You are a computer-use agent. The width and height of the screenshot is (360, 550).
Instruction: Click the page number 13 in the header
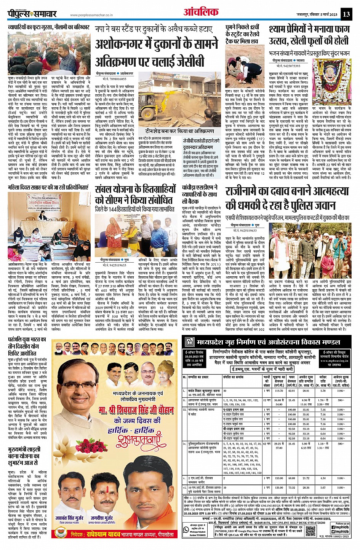(346, 14)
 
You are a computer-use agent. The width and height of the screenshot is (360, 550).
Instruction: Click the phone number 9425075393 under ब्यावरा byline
(287, 65)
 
